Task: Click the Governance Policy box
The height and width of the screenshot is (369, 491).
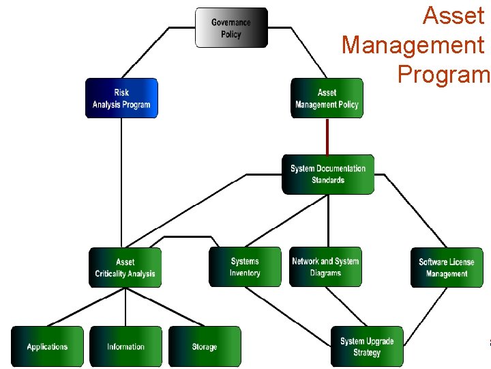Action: coord(231,28)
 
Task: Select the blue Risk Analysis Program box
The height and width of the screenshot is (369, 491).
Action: coord(121,98)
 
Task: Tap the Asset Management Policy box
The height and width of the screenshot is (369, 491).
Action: coord(327,98)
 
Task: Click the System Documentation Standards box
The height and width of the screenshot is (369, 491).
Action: coord(328,174)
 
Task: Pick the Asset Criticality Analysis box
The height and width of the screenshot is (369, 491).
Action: coord(125,267)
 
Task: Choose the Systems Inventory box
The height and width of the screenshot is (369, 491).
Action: coord(245,267)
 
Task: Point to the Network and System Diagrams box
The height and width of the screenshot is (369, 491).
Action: coord(325,267)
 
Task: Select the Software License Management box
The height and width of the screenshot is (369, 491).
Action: coord(447,267)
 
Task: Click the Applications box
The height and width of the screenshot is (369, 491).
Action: coord(47,346)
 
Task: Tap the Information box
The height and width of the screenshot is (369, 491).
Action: coord(125,346)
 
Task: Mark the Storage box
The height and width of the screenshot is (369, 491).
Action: coord(205,346)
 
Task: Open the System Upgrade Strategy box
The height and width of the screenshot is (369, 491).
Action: coord(367,346)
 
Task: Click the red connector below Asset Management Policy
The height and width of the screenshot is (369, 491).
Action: coord(327,137)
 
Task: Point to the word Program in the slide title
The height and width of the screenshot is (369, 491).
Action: coord(443,73)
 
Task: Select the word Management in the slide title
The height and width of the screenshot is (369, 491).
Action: coord(413,45)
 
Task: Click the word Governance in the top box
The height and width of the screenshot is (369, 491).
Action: coord(231,23)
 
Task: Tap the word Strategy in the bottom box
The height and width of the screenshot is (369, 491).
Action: coord(367,353)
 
